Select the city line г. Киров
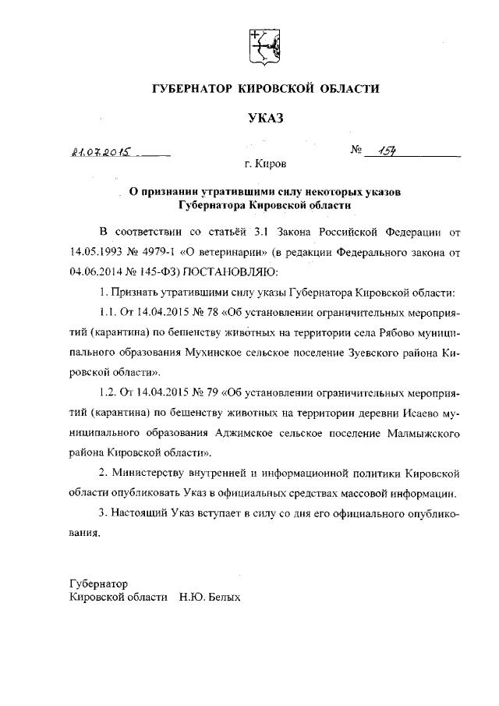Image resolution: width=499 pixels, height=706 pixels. [x=265, y=165]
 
